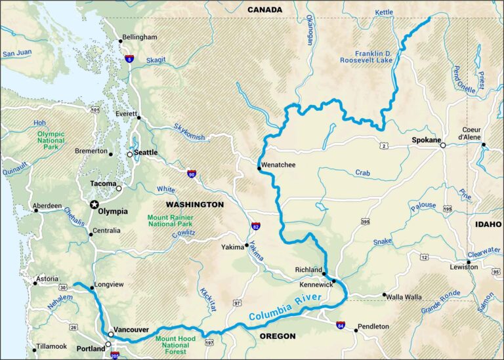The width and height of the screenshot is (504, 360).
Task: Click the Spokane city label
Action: click(x=425, y=140)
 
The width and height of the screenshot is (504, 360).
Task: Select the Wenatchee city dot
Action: click(x=259, y=169)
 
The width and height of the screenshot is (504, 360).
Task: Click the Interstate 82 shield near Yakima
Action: click(x=255, y=226)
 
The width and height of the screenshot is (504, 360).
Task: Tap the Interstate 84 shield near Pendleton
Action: click(x=340, y=325)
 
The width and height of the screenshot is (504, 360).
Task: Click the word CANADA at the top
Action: click(x=264, y=9)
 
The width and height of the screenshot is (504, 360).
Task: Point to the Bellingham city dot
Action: click(x=121, y=41)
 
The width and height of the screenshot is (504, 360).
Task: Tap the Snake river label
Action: click(x=383, y=242)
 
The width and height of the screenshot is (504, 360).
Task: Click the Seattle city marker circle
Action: click(x=129, y=153)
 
